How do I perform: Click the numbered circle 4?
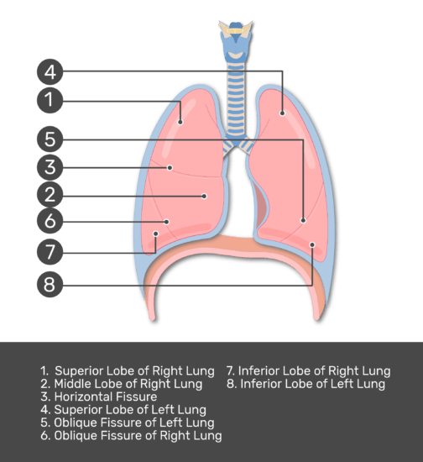coord(50,71)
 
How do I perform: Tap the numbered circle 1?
coord(50,100)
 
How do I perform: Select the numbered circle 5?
coord(50,139)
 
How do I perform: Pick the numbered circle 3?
coord(50,167)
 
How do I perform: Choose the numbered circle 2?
coord(50,195)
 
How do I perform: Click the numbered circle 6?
coord(50,221)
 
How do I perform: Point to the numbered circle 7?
coord(50,252)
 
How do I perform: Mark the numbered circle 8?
coord(50,284)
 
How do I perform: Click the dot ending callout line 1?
coord(180,122)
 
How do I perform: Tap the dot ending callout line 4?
coord(282,113)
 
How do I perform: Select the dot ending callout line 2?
coord(204,197)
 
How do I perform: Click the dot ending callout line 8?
coord(312,244)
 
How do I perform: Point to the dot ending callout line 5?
coord(303,220)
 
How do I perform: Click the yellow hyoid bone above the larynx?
coord(235,29)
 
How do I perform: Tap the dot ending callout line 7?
coord(156,234)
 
